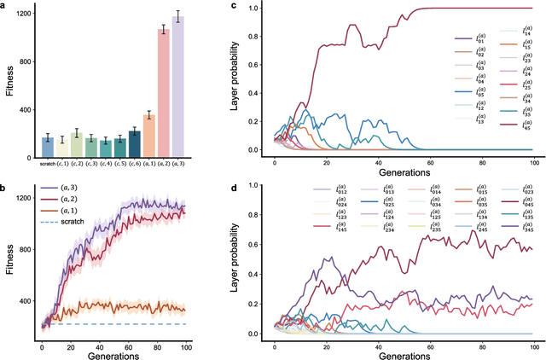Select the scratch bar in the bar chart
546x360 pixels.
49,147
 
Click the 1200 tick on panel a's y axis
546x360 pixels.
26,14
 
